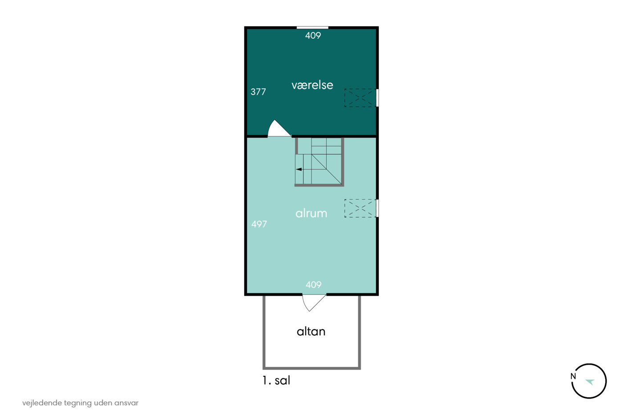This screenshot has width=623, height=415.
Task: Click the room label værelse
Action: [312, 85]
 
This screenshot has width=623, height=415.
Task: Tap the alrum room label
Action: [311, 214]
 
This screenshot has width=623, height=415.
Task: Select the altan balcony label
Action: [311, 331]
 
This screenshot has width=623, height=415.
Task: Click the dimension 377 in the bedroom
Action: [258, 92]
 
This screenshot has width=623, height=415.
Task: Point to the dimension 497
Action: [259, 224]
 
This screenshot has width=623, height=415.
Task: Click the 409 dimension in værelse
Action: [313, 36]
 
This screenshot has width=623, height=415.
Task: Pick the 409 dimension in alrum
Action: [313, 285]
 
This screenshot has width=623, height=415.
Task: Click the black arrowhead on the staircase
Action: [299, 169]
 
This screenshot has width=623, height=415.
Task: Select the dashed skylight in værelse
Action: [360, 98]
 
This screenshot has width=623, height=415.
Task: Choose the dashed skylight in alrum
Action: [360, 208]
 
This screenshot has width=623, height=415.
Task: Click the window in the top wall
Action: [312, 28]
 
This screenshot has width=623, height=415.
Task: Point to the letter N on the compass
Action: [573, 376]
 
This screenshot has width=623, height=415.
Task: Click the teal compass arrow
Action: [590, 382]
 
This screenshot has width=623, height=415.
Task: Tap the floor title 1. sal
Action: [276, 380]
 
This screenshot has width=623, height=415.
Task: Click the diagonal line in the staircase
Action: [327, 169]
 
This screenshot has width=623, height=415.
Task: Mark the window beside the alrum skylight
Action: [377, 208]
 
